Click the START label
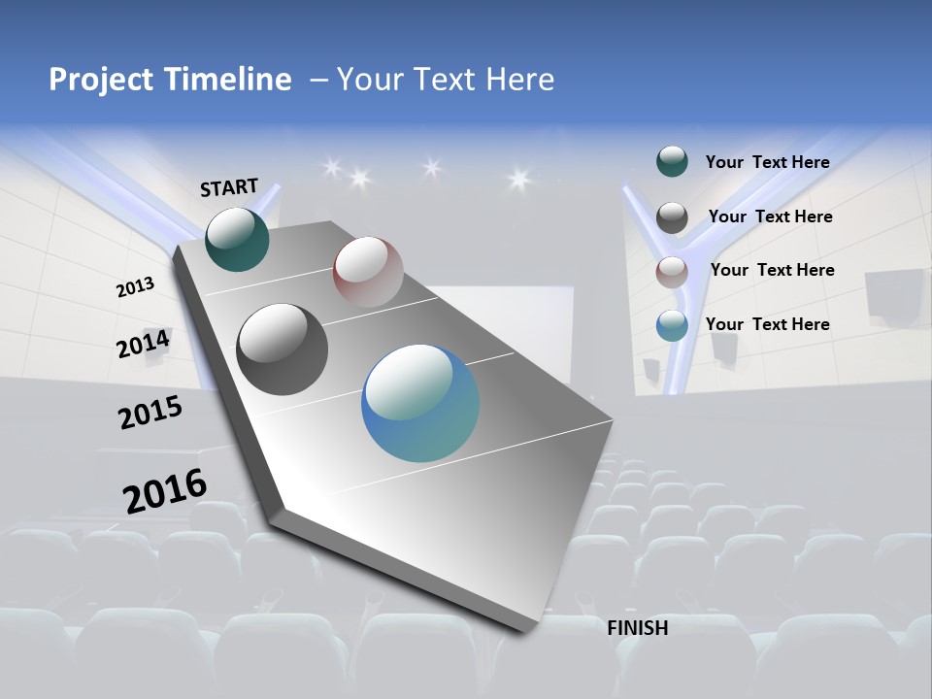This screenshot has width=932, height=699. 229,187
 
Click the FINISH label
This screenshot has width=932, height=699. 638,628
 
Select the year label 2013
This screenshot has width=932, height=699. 135,287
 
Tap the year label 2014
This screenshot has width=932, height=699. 144,344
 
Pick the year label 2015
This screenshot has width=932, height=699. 150,413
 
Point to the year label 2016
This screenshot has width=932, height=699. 165,491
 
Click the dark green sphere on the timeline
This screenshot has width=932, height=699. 237,240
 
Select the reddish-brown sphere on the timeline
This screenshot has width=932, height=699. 368,272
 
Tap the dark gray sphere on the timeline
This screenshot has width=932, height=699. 283,349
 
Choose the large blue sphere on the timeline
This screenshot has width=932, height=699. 420,403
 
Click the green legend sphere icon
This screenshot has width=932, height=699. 672,162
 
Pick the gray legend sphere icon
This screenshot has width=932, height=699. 672,217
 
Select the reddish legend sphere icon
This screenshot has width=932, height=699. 672,272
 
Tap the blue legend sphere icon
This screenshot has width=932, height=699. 672,325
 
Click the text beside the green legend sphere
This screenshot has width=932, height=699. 767,162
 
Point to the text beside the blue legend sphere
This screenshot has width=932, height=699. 767,324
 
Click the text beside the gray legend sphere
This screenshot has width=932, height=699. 770,216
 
